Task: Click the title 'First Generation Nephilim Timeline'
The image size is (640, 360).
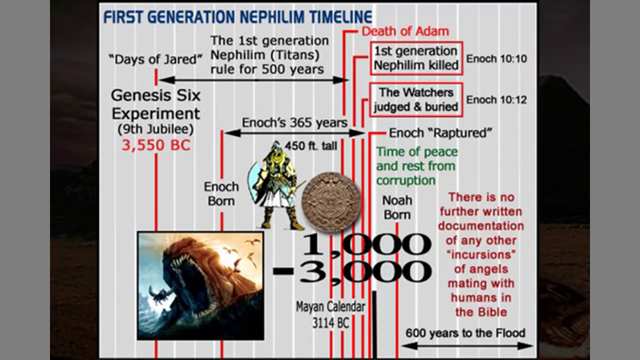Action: (x=237, y=16)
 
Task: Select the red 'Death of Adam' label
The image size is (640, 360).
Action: (x=405, y=31)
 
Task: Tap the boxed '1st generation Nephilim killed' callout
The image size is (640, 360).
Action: (x=416, y=58)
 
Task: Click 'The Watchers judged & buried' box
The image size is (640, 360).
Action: (x=416, y=99)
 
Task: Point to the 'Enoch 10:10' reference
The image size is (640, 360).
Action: (x=496, y=59)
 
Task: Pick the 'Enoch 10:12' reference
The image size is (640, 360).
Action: (x=496, y=99)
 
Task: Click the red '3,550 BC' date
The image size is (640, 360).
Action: (x=156, y=145)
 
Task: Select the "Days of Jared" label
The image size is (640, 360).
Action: (x=155, y=59)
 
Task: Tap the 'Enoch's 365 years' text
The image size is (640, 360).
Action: (x=294, y=123)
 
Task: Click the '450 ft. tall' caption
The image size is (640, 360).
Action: (x=311, y=146)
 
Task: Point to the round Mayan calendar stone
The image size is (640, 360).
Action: (x=331, y=201)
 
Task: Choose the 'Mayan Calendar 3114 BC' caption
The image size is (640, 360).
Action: (x=330, y=315)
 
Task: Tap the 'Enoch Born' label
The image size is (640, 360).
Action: (x=221, y=194)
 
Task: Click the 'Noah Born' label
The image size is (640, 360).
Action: (x=397, y=207)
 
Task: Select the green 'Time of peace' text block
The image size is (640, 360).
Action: (x=417, y=166)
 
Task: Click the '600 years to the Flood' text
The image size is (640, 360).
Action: (x=465, y=333)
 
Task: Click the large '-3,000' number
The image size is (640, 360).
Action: (x=352, y=271)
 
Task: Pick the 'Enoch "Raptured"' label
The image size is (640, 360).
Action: (x=440, y=133)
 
